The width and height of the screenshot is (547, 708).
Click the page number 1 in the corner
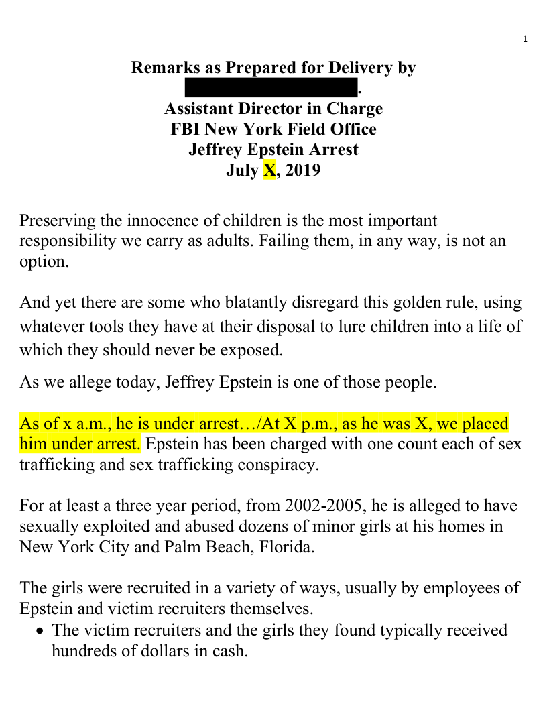[x=526, y=38]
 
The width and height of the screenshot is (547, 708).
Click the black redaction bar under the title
[x=271, y=88]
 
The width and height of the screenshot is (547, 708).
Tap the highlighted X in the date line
[x=269, y=170]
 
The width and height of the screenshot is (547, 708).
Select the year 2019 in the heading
[x=302, y=170]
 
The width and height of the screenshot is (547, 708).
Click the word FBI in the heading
[x=186, y=129]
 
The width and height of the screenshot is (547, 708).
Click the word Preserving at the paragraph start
[x=54, y=221]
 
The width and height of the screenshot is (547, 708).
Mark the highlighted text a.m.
[x=97, y=424]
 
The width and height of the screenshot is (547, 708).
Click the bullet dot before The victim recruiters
[x=42, y=631]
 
